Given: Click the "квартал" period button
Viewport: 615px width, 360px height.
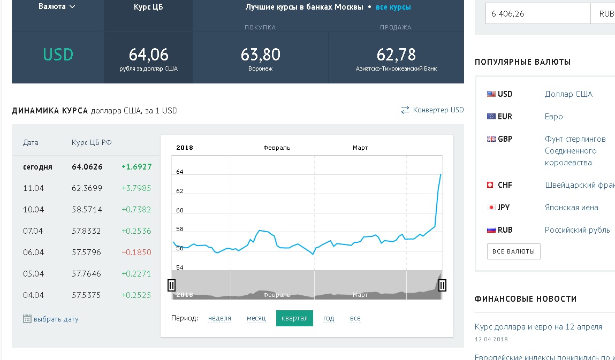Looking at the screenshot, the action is pyautogui.click(x=294, y=318).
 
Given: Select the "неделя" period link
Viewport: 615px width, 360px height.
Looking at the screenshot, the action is pyautogui.click(x=219, y=318).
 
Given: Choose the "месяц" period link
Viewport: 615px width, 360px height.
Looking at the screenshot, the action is pyautogui.click(x=256, y=318).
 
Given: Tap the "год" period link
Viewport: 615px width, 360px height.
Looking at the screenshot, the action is pyautogui.click(x=329, y=318).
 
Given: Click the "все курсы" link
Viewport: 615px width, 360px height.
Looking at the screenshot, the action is pyautogui.click(x=393, y=7).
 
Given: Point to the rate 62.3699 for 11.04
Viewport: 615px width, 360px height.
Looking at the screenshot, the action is pyautogui.click(x=87, y=188).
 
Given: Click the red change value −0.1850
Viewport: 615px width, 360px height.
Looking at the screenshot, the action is pyautogui.click(x=136, y=252).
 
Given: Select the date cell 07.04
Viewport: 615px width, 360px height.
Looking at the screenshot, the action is pyautogui.click(x=33, y=231).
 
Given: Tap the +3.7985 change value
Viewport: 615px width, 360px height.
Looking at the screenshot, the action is pyautogui.click(x=136, y=188).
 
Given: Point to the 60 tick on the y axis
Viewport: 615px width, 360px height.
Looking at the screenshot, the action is pyautogui.click(x=180, y=210).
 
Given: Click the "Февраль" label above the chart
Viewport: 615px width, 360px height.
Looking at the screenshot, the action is pyautogui.click(x=277, y=148).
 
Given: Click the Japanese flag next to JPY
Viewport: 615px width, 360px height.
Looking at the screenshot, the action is pyautogui.click(x=491, y=208).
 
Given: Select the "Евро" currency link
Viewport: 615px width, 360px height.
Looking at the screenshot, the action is pyautogui.click(x=553, y=117).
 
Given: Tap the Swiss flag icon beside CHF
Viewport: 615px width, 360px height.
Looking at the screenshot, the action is pyautogui.click(x=490, y=185).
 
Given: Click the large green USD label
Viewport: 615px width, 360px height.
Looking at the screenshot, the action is pyautogui.click(x=58, y=55).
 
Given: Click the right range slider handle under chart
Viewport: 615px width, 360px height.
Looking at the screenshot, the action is pyautogui.click(x=442, y=285).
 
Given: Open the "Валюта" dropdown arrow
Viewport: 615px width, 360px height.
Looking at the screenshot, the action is pyautogui.click(x=72, y=6).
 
